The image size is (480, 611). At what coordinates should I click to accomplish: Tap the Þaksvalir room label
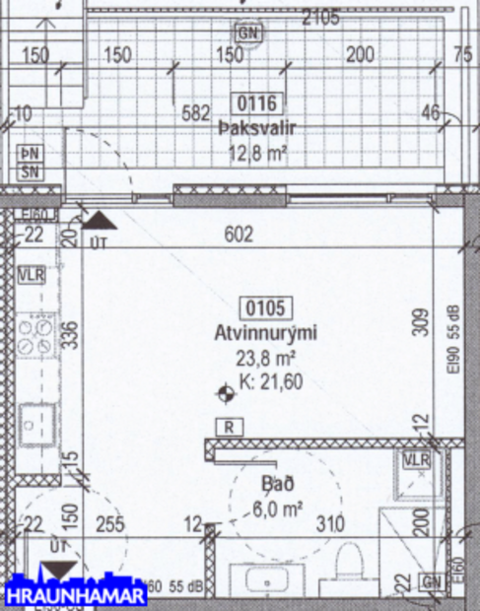(257, 128)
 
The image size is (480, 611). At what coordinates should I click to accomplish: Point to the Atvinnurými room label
(266, 334)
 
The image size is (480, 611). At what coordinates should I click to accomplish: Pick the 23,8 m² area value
(265, 360)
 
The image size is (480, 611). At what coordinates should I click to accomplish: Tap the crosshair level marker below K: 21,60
(227, 395)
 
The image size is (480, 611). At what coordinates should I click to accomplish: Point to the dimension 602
(240, 235)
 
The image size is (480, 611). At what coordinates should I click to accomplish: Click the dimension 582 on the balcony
(196, 113)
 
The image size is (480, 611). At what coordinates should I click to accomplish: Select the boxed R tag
(229, 427)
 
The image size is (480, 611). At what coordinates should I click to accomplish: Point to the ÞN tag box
(31, 154)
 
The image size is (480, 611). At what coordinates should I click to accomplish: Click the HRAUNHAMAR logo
(76, 595)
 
